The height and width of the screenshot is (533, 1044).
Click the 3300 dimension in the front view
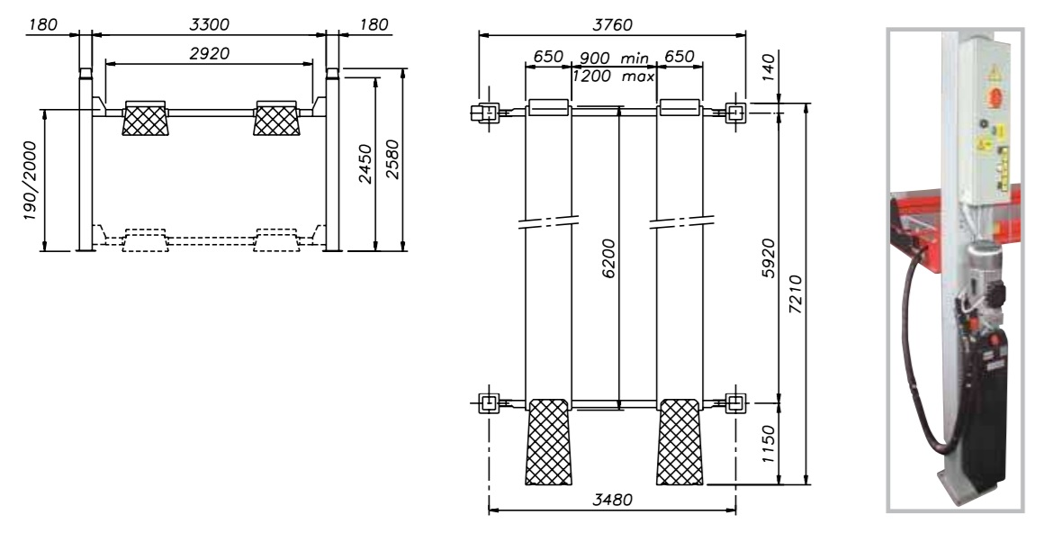click(209, 24)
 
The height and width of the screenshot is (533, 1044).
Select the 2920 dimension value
click(209, 53)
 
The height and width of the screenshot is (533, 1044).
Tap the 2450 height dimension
click(365, 163)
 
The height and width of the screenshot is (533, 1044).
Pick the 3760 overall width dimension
click(613, 24)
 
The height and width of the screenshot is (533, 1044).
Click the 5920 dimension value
click(769, 258)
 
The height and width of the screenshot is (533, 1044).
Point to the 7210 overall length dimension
click(795, 294)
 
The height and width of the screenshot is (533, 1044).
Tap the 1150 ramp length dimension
click(769, 445)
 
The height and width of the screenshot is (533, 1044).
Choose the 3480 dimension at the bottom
click(613, 499)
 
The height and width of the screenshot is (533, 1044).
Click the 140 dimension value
click(768, 68)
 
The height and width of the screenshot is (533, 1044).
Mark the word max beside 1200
click(638, 76)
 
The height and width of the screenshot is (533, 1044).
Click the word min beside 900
click(634, 59)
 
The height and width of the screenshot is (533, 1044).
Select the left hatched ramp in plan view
click(549, 442)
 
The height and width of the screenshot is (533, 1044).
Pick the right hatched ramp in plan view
click(679, 442)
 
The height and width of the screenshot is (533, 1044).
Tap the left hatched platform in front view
click(145, 119)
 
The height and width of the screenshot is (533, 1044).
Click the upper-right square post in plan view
click(735, 113)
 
